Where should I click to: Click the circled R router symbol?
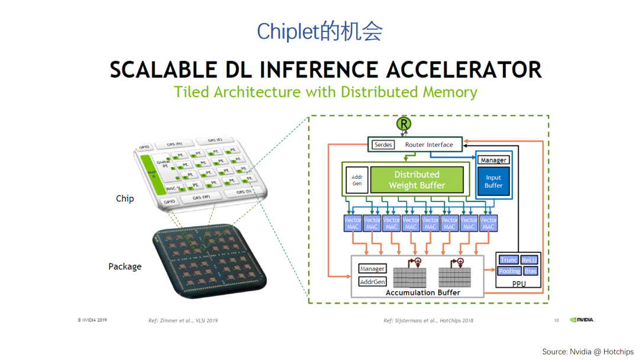(404, 124)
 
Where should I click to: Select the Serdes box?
(383, 144)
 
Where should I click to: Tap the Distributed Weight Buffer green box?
(417, 180)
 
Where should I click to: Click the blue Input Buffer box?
(493, 181)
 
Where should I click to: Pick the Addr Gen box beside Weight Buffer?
(357, 180)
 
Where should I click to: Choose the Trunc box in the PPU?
(509, 260)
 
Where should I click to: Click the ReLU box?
(530, 260)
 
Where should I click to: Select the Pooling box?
(509, 271)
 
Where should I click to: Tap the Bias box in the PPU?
(531, 271)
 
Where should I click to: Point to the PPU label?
(518, 284)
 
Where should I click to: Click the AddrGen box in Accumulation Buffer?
(372, 282)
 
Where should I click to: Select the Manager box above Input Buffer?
(493, 160)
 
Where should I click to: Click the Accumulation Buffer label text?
(422, 292)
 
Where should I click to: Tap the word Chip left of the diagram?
(125, 199)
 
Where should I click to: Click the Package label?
(125, 267)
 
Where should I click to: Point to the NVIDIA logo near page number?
(582, 320)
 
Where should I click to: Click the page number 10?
(556, 320)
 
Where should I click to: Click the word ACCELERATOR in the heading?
(464, 70)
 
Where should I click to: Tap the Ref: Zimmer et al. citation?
(183, 321)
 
